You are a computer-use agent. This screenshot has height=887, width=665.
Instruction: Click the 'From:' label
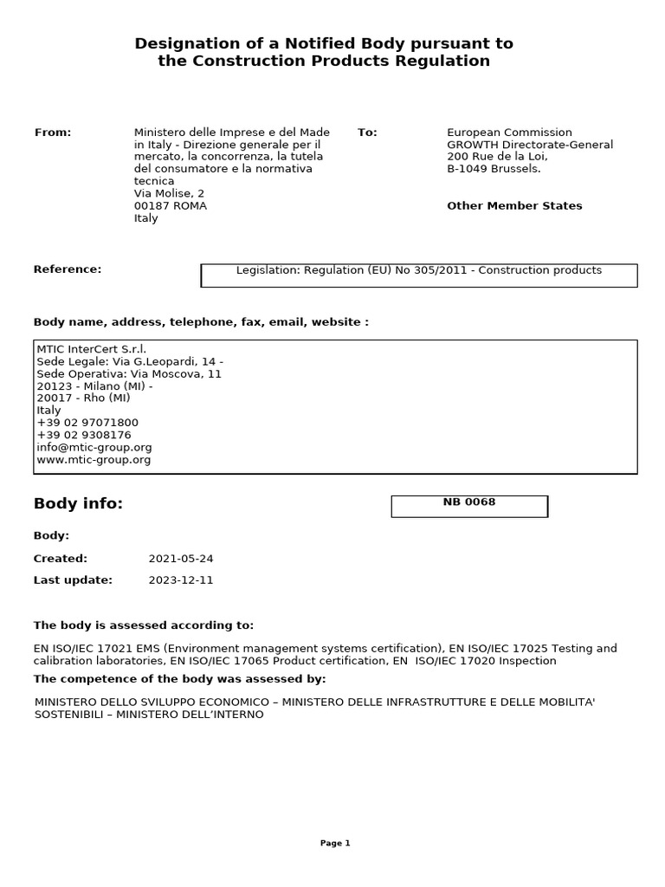click(x=53, y=133)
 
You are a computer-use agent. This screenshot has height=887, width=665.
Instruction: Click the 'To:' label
click(x=367, y=133)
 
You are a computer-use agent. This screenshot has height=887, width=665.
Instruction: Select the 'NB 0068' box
click(x=469, y=506)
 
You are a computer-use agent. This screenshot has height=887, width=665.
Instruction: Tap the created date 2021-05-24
click(x=180, y=559)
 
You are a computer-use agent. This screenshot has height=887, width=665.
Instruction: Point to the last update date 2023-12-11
click(x=180, y=580)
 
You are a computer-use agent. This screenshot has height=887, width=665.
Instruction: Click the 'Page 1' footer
click(x=335, y=843)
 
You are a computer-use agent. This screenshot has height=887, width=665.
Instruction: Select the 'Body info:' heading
click(x=78, y=504)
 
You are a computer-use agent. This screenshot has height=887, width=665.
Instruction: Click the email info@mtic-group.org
click(x=94, y=448)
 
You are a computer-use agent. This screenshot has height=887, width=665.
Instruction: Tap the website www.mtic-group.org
click(x=94, y=460)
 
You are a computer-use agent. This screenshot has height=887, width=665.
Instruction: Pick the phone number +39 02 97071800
click(x=87, y=423)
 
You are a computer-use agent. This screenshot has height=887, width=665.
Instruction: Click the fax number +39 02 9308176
click(x=84, y=435)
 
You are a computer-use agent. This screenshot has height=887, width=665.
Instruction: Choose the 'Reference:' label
click(x=68, y=269)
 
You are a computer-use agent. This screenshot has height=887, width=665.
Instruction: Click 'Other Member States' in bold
click(x=514, y=206)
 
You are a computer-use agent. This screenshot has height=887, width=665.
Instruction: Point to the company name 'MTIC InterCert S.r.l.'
click(x=92, y=348)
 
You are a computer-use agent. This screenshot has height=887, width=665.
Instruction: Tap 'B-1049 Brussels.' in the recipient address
click(x=494, y=169)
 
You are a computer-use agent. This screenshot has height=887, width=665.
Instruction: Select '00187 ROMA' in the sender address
click(x=171, y=206)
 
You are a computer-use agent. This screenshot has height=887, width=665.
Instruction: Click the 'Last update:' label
click(x=73, y=580)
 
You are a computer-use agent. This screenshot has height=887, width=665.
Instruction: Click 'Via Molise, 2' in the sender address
click(x=170, y=194)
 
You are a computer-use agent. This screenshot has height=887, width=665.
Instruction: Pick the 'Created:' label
click(x=61, y=559)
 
